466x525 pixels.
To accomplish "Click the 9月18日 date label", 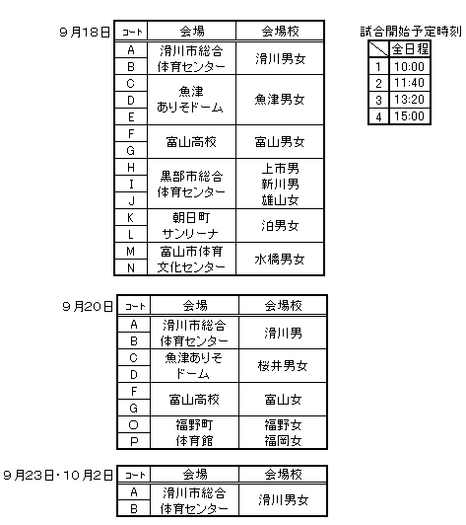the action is (85, 33).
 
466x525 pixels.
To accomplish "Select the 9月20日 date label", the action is (88, 306).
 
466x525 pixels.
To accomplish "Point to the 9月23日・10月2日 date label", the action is (58, 475).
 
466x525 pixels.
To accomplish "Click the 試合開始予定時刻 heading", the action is (411, 32).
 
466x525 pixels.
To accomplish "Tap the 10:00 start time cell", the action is (410, 66).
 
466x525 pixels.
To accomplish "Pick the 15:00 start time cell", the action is (410, 116).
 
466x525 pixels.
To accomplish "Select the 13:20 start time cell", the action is (410, 100).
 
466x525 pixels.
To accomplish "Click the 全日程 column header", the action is (410, 49).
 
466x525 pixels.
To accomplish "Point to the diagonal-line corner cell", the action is (378, 49).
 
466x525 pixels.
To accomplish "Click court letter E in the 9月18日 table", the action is (131, 116).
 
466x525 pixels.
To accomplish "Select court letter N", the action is (131, 267).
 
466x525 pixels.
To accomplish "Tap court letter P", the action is (133, 441).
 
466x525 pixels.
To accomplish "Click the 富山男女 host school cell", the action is (280, 142).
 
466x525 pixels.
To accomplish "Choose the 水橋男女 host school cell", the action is (280, 260).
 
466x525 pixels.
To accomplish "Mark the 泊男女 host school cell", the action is (280, 226).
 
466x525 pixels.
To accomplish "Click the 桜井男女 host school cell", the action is (283, 365).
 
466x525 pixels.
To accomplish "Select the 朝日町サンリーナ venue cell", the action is (191, 226).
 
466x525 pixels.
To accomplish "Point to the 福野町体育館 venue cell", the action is (194, 432).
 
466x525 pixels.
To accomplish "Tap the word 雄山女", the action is (280, 200).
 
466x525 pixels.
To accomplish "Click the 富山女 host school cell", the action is (283, 399).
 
